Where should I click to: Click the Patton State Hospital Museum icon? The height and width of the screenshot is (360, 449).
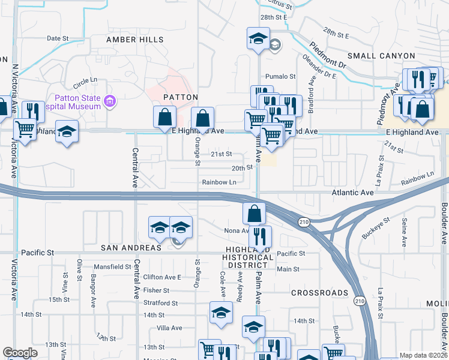[109, 101]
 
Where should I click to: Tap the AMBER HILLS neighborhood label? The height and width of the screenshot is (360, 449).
[134, 40]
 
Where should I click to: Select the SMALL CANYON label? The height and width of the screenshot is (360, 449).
[381, 56]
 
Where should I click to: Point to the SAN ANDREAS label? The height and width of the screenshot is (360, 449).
[131, 248]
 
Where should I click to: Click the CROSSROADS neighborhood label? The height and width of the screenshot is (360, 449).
[319, 293]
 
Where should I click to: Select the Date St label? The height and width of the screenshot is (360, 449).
[58, 38]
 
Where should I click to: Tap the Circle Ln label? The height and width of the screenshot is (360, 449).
[85, 80]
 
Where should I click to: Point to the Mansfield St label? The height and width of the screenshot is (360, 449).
[112, 266]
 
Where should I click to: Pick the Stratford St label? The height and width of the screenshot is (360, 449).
[161, 304]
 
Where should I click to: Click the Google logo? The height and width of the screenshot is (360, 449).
[20, 353]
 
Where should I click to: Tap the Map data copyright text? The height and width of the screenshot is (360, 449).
[423, 355]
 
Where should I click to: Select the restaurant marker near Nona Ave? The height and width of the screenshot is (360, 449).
[260, 236]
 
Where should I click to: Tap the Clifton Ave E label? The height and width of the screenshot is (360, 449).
[162, 277]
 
